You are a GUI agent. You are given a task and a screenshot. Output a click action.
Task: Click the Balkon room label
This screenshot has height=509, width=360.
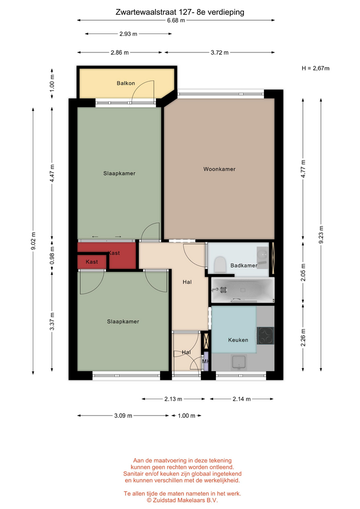point(126,83)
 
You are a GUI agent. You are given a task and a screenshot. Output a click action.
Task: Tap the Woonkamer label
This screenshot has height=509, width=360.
point(219,169)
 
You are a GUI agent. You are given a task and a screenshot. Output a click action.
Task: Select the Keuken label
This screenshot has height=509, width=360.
point(238,340)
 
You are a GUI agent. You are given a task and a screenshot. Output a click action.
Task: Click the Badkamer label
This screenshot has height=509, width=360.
point(244,266)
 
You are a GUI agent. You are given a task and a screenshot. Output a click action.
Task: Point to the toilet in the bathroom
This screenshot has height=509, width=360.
point(220,264)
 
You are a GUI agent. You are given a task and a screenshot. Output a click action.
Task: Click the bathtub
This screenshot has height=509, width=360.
point(242,290)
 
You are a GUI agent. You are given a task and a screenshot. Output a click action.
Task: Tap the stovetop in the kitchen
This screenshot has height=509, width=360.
point(266,336)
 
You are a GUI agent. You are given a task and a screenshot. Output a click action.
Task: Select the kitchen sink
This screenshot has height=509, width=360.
point(239,362)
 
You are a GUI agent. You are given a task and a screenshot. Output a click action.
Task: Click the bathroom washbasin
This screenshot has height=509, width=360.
point(262,258)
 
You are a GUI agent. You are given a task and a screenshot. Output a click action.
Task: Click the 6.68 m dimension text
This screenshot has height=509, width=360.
point(176,21)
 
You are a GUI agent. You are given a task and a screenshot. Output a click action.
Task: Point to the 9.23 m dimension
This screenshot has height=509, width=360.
point(321,235)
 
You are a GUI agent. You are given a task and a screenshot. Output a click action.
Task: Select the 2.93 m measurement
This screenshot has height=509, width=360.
point(128,34)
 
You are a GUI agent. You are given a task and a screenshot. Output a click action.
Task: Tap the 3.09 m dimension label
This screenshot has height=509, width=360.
point(123,416)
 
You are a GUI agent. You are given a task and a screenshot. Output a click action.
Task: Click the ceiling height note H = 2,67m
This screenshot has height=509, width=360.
point(315,68)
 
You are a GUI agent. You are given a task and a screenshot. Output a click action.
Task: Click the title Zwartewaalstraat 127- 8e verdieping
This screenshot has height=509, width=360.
point(180,12)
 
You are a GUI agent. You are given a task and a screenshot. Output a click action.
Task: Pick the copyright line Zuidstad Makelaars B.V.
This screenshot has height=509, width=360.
point(182,500)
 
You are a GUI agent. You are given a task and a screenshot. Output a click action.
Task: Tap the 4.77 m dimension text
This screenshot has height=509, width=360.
point(303,169)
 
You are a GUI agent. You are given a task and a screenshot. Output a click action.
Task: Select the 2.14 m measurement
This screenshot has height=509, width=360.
point(242,399)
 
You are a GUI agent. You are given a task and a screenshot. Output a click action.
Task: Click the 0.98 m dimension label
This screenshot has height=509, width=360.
point(52,256)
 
